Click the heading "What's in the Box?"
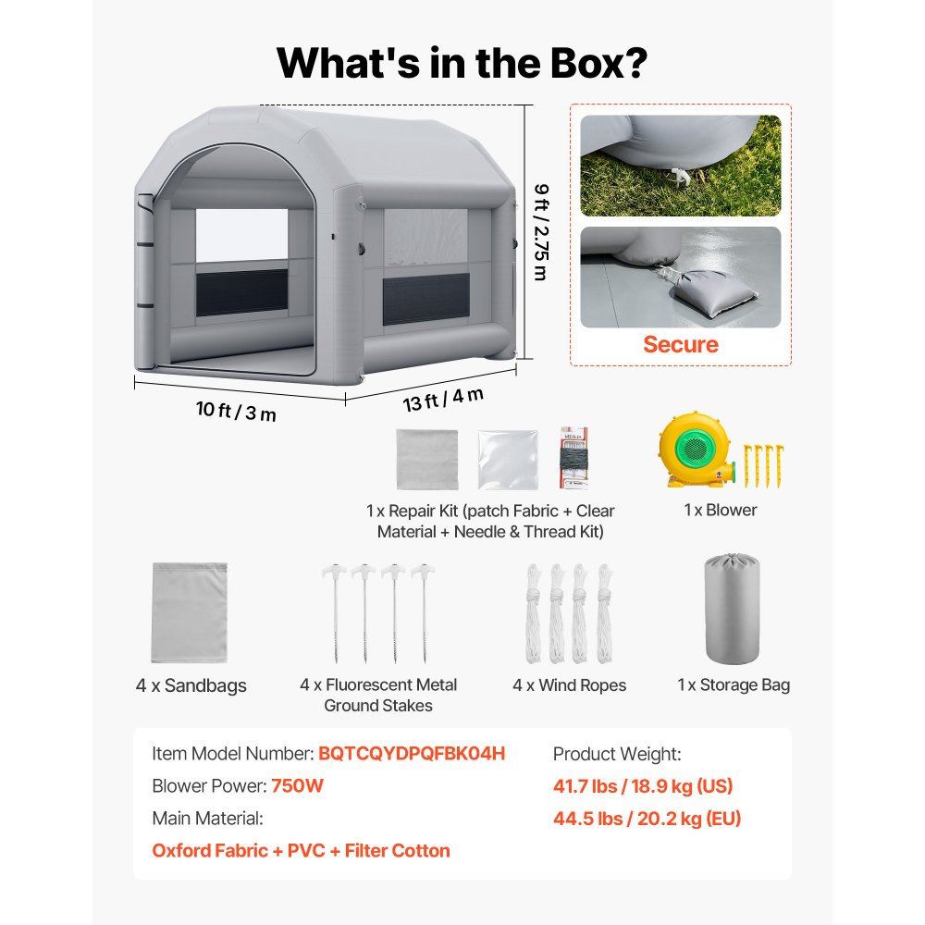pos(462,63)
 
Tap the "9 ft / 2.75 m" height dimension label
pos(541,232)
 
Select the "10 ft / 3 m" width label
pos(236,411)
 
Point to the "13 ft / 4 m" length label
pos(443,400)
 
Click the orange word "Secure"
pos(681,344)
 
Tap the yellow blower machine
pos(697,450)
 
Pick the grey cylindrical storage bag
pos(732,609)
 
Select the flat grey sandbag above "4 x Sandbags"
pos(190,612)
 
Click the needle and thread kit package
pos(574,458)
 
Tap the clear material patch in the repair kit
pos(508,460)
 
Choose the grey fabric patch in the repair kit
pos(427,459)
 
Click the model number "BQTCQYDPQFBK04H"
pos(412,753)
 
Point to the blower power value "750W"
pos(297,785)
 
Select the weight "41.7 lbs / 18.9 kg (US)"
pos(643,786)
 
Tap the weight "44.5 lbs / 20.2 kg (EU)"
pos(647,819)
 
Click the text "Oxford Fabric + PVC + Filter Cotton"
pos(301,851)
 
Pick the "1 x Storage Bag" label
pos(734,684)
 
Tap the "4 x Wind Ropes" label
pos(569,684)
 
